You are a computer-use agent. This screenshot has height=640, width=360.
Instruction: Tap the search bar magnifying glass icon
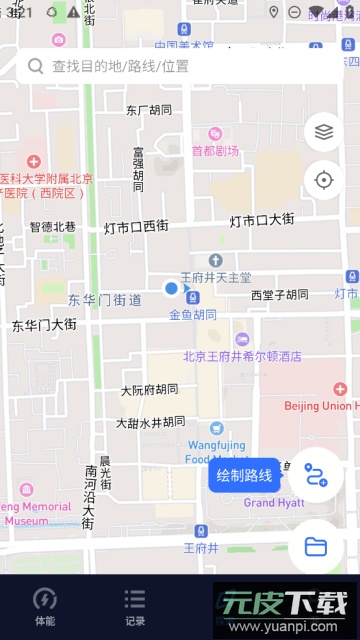click(x=35, y=66)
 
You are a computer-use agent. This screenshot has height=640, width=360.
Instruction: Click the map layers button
click(x=323, y=131)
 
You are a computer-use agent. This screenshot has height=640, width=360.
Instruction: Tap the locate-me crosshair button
click(x=323, y=180)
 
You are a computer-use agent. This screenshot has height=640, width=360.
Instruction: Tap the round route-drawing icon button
click(x=316, y=475)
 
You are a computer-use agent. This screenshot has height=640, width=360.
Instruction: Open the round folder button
click(x=316, y=546)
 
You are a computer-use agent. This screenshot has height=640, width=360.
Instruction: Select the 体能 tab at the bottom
click(x=45, y=606)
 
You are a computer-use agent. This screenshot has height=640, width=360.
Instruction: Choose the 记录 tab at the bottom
click(x=135, y=606)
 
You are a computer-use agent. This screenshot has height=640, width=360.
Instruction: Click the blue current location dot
click(x=171, y=289)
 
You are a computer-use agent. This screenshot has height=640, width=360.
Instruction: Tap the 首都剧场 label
click(x=215, y=151)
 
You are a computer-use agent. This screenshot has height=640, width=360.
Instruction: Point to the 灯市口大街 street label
click(x=261, y=220)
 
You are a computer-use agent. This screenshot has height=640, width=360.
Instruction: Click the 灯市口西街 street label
click(x=136, y=227)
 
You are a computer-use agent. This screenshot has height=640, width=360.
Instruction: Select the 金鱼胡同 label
click(x=192, y=314)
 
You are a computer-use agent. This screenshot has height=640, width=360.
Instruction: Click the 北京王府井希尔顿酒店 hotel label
click(x=242, y=356)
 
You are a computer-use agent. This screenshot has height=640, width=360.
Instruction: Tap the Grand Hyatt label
click(x=273, y=503)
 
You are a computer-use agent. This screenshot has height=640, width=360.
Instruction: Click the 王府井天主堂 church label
click(x=215, y=277)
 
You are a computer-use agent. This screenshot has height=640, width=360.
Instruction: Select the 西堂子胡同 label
click(x=280, y=295)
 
